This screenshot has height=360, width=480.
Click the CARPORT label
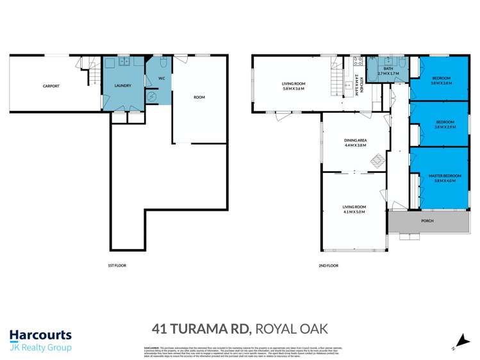coord(51,86)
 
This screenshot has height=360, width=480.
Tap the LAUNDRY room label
coord(122,86)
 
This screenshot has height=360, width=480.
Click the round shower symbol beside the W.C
coord(153,96)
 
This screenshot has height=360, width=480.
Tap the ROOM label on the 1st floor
coord(199,97)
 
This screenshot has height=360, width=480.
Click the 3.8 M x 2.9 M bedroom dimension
coord(445,127)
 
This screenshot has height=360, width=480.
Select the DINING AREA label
coord(354,141)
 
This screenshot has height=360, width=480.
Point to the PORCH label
coord(427,221)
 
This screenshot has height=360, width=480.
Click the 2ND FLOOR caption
coord(327,265)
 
